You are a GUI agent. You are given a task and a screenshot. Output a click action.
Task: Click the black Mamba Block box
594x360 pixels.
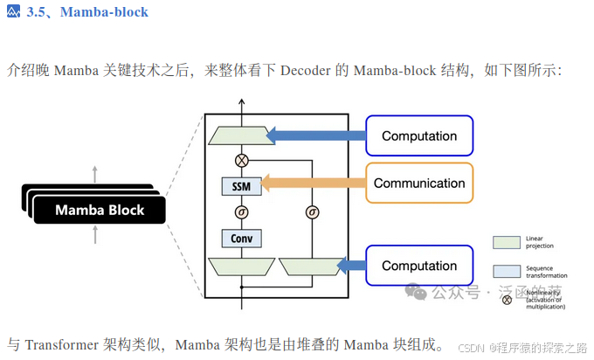tap(99, 210)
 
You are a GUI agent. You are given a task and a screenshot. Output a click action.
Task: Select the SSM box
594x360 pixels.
tap(241, 186)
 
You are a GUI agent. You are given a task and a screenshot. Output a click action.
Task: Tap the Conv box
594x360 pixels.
tap(241, 237)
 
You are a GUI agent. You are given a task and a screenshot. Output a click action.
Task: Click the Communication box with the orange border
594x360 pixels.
tap(418, 183)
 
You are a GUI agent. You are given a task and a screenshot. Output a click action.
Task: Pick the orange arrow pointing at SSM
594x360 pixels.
tap(311, 183)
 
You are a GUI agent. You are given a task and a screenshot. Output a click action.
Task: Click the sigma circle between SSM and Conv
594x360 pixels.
tap(241, 211)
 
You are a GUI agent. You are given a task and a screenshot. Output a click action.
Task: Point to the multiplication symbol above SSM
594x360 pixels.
tap(241, 160)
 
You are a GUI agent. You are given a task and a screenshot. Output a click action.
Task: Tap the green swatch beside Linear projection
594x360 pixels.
tap(506, 240)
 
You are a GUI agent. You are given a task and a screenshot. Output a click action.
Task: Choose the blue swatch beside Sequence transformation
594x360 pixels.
tap(506, 271)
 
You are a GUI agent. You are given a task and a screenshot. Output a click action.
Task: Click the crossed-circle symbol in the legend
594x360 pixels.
tap(506, 300)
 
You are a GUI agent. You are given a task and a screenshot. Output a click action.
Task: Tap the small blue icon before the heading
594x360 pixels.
tap(12, 12)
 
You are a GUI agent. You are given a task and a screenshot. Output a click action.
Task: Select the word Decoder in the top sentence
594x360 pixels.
tap(305, 71)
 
